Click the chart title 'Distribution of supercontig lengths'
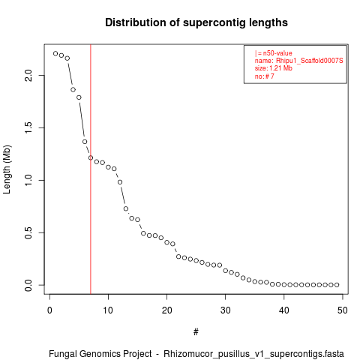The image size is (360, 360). (x=196, y=22)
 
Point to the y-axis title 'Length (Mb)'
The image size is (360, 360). (x=7, y=169)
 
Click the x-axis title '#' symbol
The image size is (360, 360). (x=196, y=332)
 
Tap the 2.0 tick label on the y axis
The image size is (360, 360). (x=28, y=75)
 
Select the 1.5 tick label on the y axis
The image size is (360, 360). (x=28, y=127)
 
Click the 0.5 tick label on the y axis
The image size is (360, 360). (x=28, y=232)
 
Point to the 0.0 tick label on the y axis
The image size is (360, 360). (x=28, y=285)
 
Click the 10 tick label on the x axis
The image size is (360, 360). (x=108, y=310)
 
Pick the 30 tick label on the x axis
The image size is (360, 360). (x=225, y=310)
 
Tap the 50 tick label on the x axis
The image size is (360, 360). (x=343, y=310)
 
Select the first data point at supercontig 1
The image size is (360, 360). (x=55, y=53)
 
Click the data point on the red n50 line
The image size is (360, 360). (x=91, y=157)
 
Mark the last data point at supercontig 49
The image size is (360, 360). (x=337, y=285)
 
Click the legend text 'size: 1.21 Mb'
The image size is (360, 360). (x=274, y=68)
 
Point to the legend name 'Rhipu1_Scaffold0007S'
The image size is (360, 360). (x=310, y=61)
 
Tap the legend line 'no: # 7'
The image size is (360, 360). (x=265, y=76)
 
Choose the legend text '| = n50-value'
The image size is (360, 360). (x=274, y=53)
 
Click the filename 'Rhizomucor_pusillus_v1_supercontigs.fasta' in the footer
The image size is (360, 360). (x=253, y=354)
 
